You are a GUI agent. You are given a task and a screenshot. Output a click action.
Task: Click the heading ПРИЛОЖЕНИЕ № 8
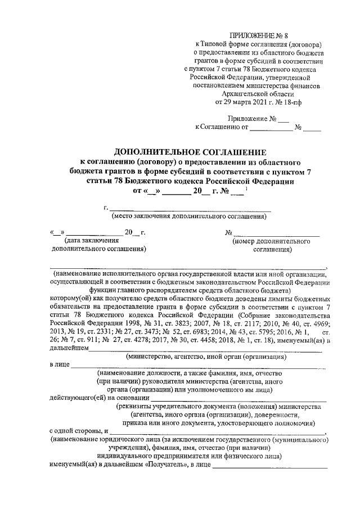[258, 35]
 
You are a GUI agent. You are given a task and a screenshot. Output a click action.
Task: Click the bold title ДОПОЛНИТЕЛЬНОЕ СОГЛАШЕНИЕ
[190, 152]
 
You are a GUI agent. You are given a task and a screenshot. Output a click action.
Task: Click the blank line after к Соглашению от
[272, 128]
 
